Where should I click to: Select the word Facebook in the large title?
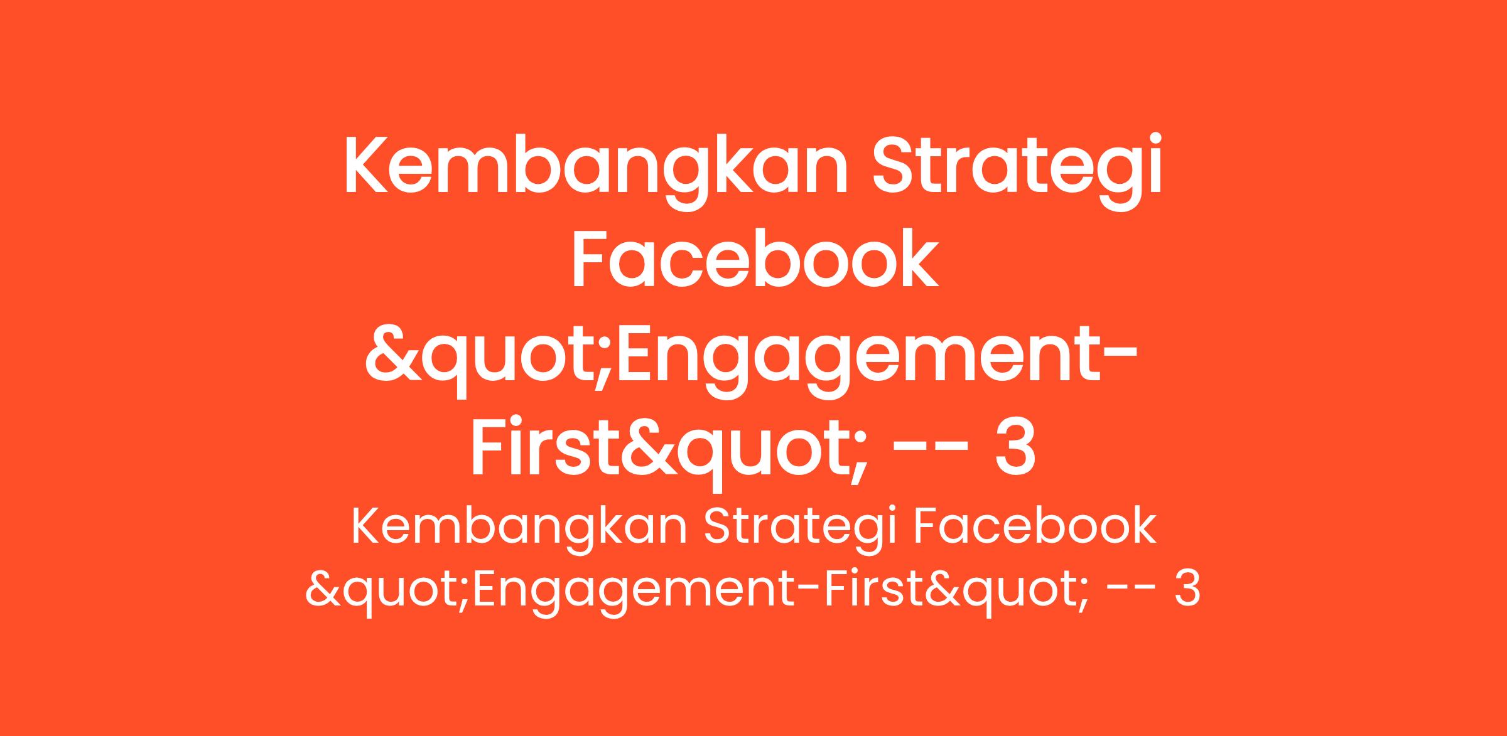click(x=754, y=259)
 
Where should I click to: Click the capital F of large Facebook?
click(x=590, y=259)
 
